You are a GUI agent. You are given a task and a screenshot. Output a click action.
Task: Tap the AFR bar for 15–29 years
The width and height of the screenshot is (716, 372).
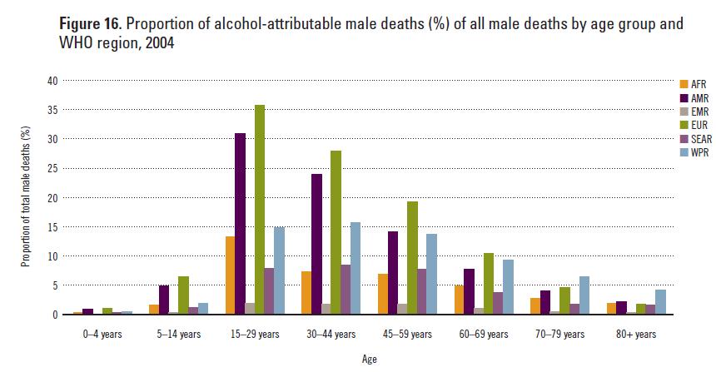pyautogui.click(x=230, y=275)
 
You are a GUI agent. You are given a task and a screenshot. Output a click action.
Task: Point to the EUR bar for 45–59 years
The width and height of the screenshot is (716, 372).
pyautogui.click(x=411, y=258)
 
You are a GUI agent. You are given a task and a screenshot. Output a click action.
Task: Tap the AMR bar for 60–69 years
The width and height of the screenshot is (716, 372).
pyautogui.click(x=470, y=291)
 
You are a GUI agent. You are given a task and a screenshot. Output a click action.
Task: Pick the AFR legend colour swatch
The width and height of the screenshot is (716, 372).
pyautogui.click(x=684, y=84)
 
